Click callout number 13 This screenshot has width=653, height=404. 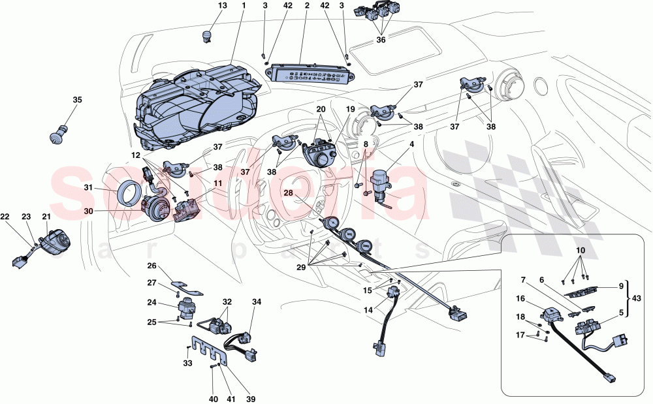223,6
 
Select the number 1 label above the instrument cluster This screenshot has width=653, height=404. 244,6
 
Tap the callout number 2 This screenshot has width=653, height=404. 306,6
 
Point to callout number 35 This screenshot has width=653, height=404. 78,100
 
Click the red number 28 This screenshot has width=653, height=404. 288,193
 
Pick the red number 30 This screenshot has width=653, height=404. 89,211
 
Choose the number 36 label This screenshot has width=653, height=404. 381,39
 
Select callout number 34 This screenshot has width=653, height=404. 257,302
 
